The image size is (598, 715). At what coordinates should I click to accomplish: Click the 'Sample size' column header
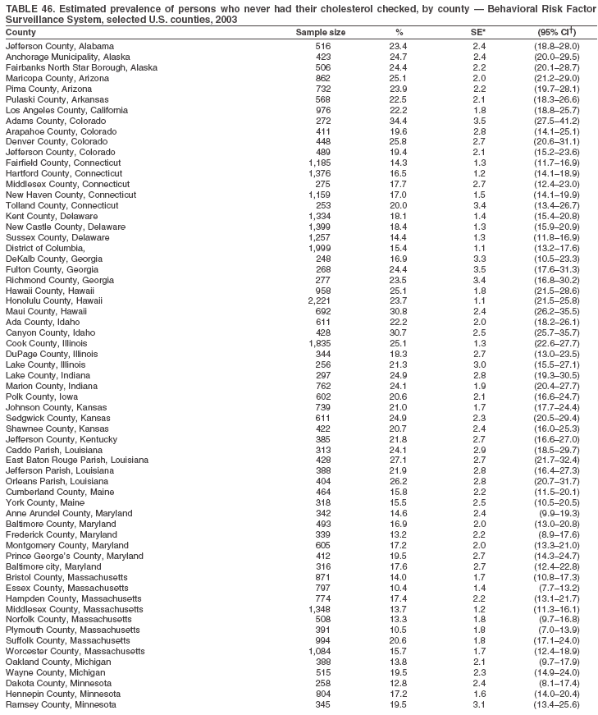click(x=320, y=32)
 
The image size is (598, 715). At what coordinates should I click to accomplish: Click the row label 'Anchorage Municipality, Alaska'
click(x=67, y=57)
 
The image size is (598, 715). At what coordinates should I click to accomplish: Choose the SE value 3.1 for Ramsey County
click(x=480, y=705)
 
